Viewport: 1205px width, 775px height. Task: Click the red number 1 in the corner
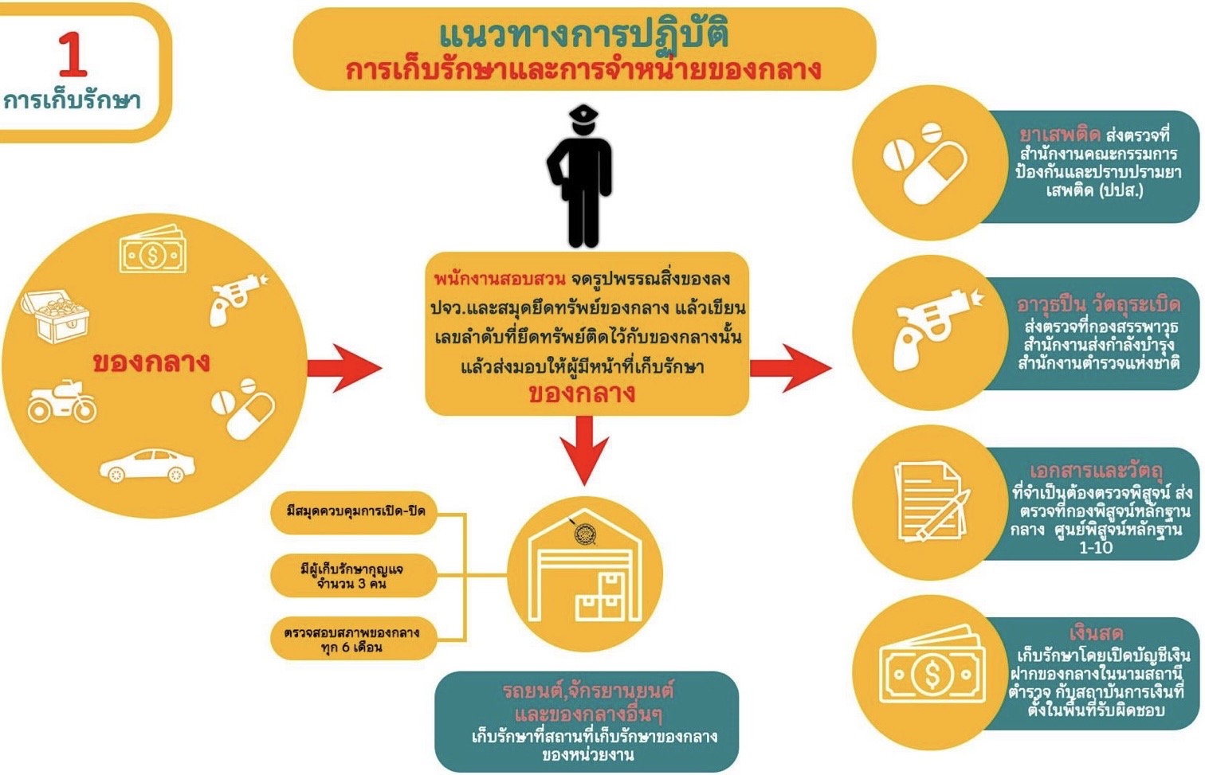[73, 54]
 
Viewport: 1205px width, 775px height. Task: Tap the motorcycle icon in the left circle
[62, 401]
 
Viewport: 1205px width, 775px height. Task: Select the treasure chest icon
[55, 315]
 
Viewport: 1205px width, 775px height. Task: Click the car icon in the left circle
[147, 465]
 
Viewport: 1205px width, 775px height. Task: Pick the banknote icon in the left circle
[153, 251]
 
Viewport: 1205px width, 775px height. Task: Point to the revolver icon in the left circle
[236, 298]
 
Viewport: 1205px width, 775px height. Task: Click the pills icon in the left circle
[242, 407]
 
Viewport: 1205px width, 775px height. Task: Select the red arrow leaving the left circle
[343, 367]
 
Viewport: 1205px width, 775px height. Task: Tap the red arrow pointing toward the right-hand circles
[790, 367]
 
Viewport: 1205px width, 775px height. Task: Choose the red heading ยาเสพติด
[1059, 135]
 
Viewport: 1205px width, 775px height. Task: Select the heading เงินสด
[1096, 633]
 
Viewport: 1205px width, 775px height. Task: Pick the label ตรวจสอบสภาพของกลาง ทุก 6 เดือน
[352, 640]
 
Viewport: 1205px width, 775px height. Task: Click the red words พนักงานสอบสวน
[499, 279]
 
